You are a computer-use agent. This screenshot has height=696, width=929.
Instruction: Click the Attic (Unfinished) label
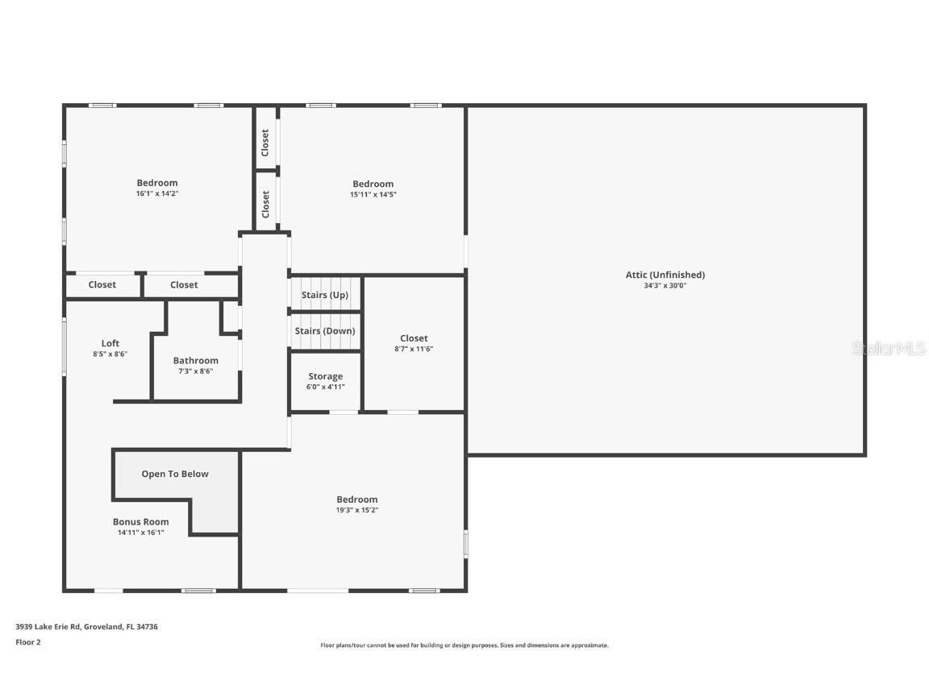click(664, 275)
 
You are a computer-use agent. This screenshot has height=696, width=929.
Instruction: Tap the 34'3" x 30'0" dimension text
click(664, 285)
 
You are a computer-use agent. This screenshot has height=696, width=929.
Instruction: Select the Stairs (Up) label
click(325, 295)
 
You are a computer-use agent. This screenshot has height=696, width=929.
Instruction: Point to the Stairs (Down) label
click(325, 331)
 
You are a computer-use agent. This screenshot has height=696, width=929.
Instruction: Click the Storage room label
click(325, 376)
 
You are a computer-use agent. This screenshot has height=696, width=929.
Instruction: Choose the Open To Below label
click(175, 474)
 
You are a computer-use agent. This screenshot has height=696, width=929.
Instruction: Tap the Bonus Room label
click(140, 522)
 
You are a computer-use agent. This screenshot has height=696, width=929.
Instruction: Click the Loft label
click(110, 343)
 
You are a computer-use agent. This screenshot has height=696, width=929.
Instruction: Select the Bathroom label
click(195, 360)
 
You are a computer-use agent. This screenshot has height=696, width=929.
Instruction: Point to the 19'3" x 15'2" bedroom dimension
click(356, 510)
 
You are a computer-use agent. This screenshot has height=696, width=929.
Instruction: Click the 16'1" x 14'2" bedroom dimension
click(157, 193)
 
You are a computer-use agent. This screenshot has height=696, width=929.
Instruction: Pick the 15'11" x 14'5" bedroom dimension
click(373, 194)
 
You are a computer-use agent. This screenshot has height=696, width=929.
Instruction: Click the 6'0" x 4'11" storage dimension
click(325, 387)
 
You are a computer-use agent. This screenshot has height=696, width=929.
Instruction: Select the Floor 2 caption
click(28, 642)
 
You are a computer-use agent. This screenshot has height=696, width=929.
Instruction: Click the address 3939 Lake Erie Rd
click(48, 627)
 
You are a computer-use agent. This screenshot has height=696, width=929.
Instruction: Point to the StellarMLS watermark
click(889, 348)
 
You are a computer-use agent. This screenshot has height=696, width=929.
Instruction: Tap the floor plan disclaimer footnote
click(464, 645)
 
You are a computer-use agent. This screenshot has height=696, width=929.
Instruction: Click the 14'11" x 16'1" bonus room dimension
click(140, 532)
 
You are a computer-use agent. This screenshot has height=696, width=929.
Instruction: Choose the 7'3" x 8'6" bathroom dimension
click(195, 371)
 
